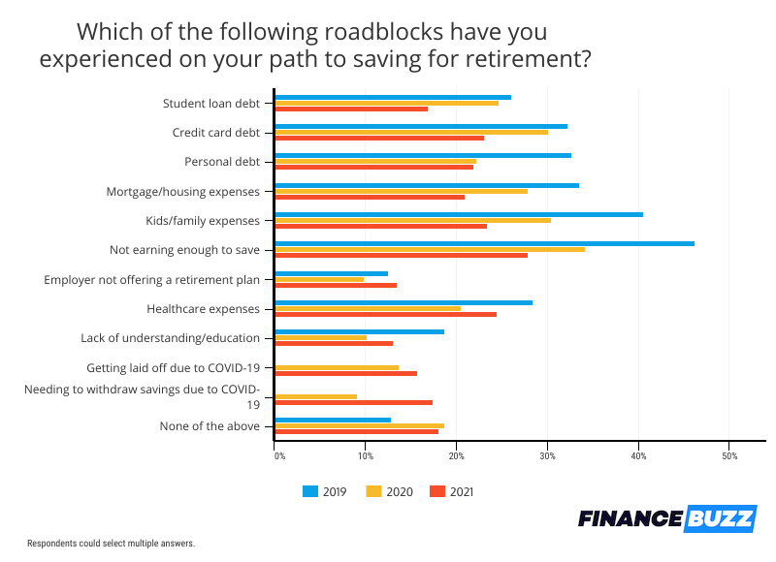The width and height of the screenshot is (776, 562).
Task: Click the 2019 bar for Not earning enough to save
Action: [484, 243]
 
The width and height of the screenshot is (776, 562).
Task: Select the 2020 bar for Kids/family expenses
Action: [413, 220]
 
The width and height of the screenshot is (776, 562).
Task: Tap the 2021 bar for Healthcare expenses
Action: [386, 314]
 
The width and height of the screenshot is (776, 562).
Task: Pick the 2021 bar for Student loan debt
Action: [351, 109]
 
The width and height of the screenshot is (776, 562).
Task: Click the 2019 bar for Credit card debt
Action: [421, 126]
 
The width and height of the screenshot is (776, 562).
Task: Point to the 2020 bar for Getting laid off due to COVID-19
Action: [337, 367]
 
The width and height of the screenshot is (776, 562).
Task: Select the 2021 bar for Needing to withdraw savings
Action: [354, 402]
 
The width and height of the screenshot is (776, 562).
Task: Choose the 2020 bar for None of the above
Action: [360, 425]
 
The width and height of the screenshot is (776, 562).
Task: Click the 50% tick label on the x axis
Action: [730, 455]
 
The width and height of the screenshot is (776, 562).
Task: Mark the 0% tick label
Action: [279, 455]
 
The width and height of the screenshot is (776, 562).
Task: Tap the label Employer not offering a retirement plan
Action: [152, 279]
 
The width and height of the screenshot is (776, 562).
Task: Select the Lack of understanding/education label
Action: [170, 338]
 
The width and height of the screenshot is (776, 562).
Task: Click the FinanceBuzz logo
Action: [665, 519]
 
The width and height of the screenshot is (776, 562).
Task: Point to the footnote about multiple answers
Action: [111, 544]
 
